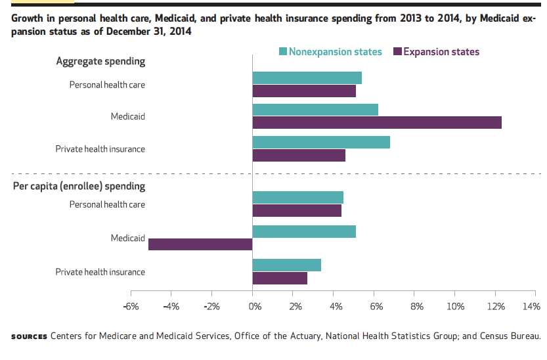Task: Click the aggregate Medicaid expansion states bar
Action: click(x=377, y=123)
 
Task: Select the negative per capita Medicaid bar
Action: click(x=200, y=244)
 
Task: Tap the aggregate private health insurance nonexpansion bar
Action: click(x=321, y=143)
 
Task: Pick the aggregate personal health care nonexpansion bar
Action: click(x=307, y=78)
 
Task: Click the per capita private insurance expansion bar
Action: click(x=280, y=279)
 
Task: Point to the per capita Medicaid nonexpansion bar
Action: click(x=304, y=231)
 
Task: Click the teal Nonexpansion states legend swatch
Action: click(x=283, y=52)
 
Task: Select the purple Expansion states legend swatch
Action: click(x=397, y=52)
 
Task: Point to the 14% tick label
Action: click(x=531, y=306)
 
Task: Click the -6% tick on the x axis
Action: click(x=131, y=306)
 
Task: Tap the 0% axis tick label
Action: click(x=253, y=306)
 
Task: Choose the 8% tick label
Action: click(x=416, y=306)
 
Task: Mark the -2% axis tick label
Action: click(x=211, y=306)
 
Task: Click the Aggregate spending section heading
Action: click(x=100, y=61)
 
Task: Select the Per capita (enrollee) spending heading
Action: click(x=79, y=186)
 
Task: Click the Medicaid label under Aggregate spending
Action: click(x=127, y=116)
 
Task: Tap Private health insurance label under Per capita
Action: click(x=100, y=272)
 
